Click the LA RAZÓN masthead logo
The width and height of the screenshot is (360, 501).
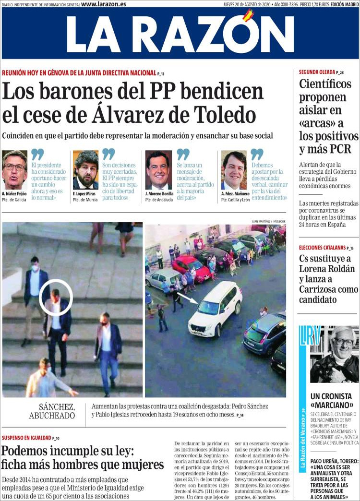pyautogui.click(x=180, y=34)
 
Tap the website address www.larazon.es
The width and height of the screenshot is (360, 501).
pyautogui.click(x=104, y=4)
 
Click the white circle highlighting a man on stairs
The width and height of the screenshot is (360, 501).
pyautogui.click(x=55, y=298)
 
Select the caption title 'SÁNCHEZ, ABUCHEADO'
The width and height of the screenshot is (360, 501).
pyautogui.click(x=57, y=411)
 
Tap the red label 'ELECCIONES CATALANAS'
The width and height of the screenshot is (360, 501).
pyautogui.click(x=322, y=248)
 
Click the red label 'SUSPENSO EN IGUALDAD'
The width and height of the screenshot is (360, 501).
pyautogui.click(x=26, y=438)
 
